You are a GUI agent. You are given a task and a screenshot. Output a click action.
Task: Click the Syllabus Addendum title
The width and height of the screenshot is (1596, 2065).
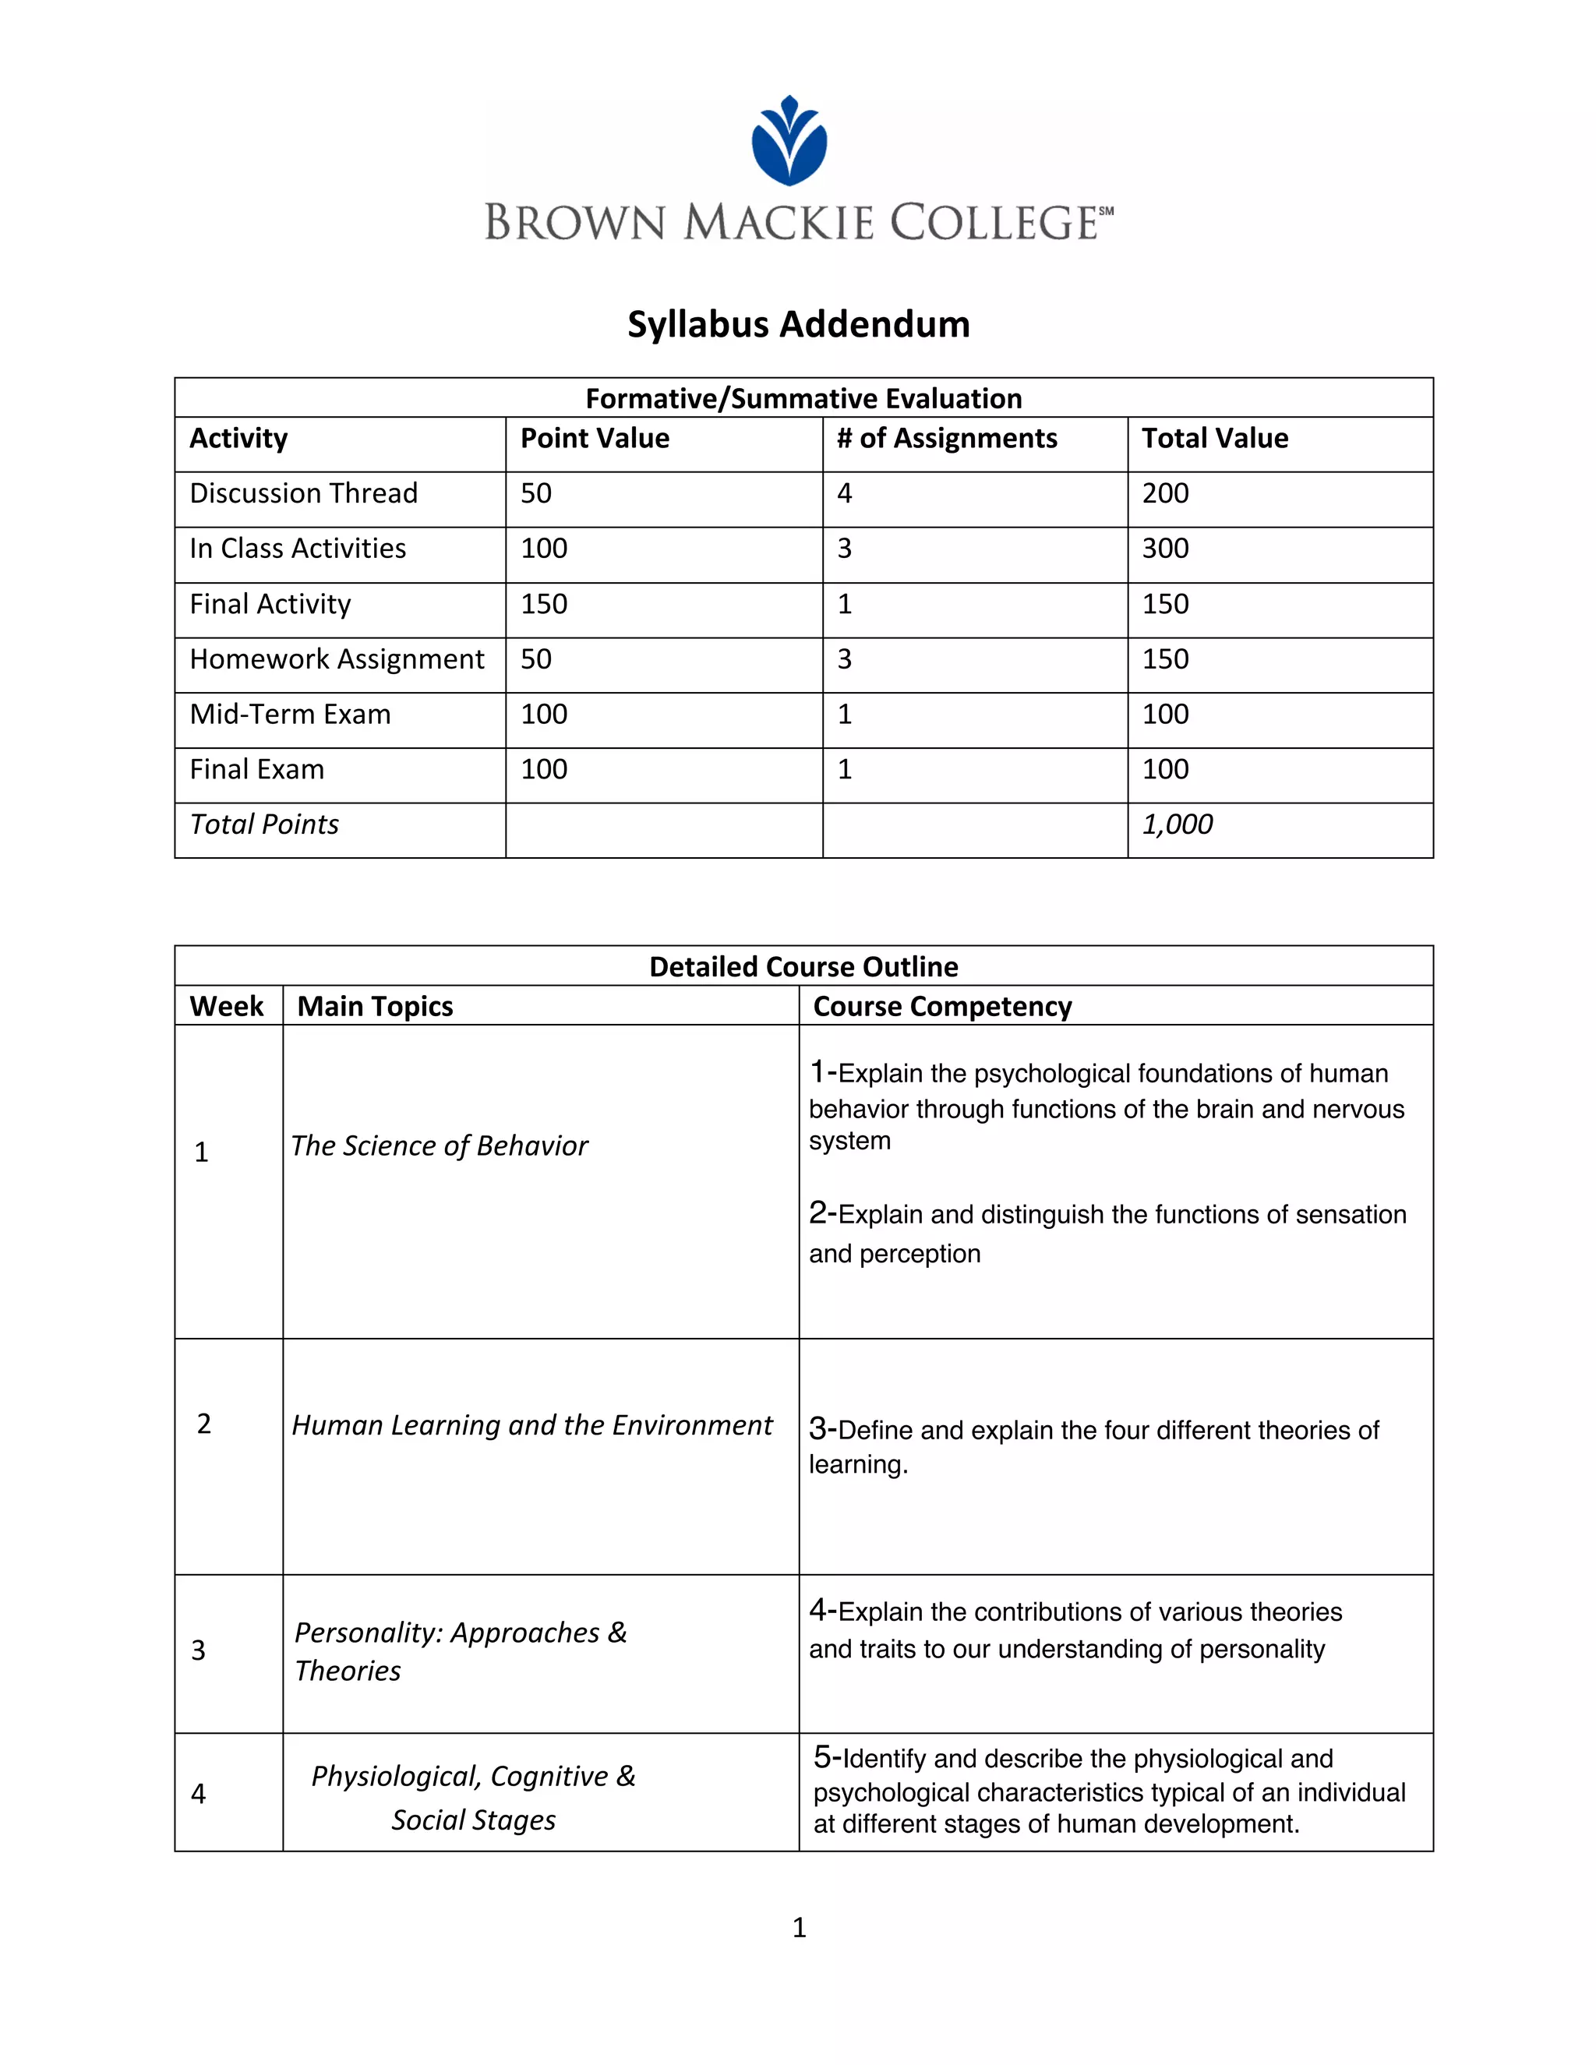(798, 324)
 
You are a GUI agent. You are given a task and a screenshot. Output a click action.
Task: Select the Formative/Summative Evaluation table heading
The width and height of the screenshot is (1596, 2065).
(803, 398)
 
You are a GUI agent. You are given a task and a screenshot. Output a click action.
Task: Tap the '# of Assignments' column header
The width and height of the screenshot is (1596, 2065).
(946, 438)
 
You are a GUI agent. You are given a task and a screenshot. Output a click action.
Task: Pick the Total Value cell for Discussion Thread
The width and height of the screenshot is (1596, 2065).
(1165, 493)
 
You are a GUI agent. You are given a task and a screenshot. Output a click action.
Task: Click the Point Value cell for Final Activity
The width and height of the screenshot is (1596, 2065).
(544, 604)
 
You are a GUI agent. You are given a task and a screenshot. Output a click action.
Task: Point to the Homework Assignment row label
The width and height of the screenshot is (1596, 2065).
(337, 659)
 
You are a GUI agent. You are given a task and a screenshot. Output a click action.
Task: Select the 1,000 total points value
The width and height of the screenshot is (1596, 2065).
(1178, 824)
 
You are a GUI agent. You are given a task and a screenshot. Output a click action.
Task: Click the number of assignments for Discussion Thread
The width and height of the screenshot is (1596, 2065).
(844, 493)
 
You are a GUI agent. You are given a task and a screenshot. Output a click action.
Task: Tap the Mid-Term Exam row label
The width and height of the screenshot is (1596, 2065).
(289, 714)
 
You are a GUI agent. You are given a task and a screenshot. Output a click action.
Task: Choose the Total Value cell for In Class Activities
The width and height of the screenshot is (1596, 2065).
(1165, 549)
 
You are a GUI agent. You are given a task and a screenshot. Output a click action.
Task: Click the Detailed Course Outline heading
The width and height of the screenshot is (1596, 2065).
(803, 966)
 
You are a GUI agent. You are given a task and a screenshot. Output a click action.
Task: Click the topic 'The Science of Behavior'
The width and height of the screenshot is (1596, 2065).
(439, 1146)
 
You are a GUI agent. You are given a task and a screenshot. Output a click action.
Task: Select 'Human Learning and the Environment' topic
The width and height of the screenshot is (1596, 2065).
(531, 1425)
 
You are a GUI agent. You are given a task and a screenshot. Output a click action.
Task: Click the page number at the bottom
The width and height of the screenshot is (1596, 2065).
(799, 1927)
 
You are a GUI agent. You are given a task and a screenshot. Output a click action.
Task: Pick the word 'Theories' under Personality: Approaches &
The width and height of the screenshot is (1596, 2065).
(347, 1671)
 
